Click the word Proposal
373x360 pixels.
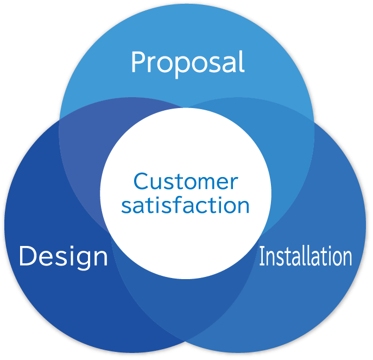click(187, 63)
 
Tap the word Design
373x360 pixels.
click(63, 256)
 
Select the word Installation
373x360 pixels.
click(305, 256)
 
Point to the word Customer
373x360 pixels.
click(186, 181)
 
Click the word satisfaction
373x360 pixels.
click(185, 206)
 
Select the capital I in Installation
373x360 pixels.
click(262, 256)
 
